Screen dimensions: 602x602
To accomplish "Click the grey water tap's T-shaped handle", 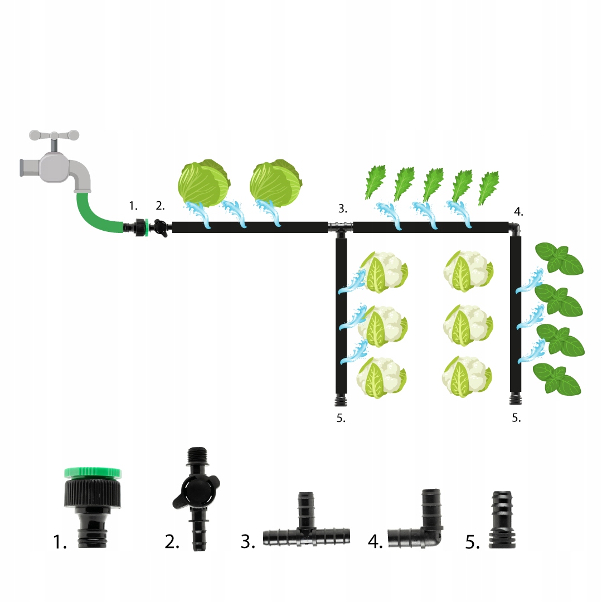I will pyautogui.click(x=54, y=136).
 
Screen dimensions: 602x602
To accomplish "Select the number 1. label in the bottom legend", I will pyautogui.click(x=60, y=541).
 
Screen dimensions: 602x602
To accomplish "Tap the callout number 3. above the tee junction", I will pyautogui.click(x=342, y=209).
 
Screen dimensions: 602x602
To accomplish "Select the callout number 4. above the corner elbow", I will pyautogui.click(x=518, y=212).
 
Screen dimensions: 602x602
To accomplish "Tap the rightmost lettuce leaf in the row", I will pyautogui.click(x=489, y=188).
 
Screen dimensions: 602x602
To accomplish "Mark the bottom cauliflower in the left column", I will pyautogui.click(x=382, y=377).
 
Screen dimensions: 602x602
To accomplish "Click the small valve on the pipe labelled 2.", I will pyautogui.click(x=161, y=227).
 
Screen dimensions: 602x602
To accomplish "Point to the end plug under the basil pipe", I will pyautogui.click(x=516, y=399).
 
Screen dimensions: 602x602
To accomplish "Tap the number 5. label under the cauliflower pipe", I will pyautogui.click(x=341, y=418).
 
